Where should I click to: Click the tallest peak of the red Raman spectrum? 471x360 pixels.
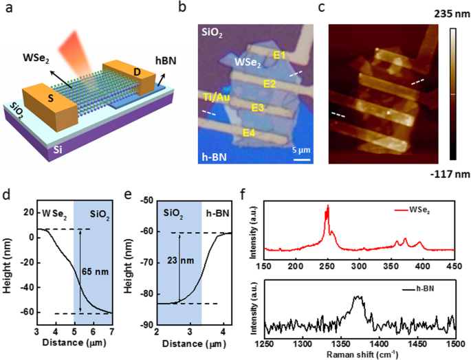tap(328, 206)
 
